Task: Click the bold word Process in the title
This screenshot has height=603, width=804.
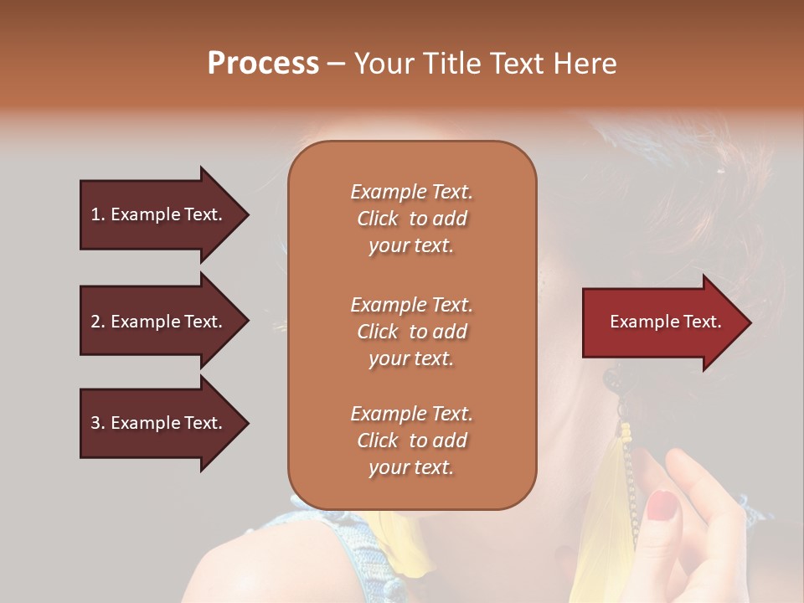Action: tap(263, 63)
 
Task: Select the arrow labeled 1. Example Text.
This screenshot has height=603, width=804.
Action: tap(159, 214)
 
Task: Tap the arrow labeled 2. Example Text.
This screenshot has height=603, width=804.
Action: tap(159, 322)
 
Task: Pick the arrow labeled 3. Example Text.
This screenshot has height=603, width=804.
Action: tap(159, 423)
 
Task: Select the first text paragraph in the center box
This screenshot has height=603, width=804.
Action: tap(411, 219)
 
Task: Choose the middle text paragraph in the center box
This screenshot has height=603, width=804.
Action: tap(411, 332)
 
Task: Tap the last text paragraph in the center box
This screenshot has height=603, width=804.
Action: tap(411, 441)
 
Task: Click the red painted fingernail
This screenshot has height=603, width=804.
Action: tap(662, 505)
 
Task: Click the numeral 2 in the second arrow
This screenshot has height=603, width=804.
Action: tap(95, 322)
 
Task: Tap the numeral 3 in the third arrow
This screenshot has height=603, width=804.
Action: tap(95, 423)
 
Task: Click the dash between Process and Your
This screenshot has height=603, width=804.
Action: tap(336, 64)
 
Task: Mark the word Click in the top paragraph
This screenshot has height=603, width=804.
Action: tap(378, 219)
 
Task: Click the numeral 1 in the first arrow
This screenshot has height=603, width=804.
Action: tap(95, 214)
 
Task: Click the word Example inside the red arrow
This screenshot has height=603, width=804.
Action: tap(640, 322)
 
